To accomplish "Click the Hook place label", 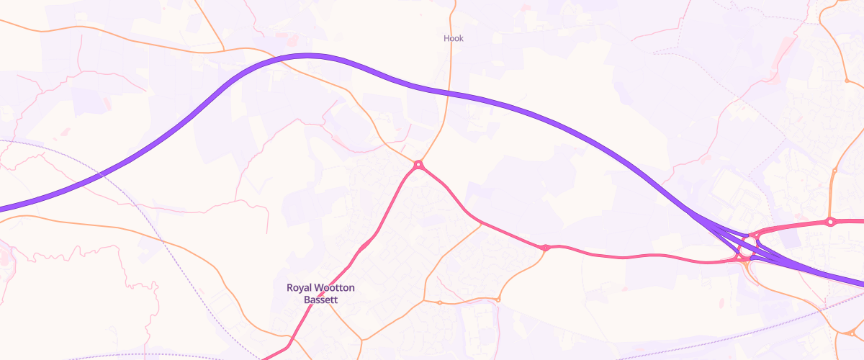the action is [453, 38].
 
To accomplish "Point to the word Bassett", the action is [321, 300].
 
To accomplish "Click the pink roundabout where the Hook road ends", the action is [418, 166].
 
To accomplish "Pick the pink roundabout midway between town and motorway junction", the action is [546, 248].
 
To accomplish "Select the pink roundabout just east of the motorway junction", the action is [830, 222].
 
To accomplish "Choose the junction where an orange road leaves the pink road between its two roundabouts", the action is [481, 223].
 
